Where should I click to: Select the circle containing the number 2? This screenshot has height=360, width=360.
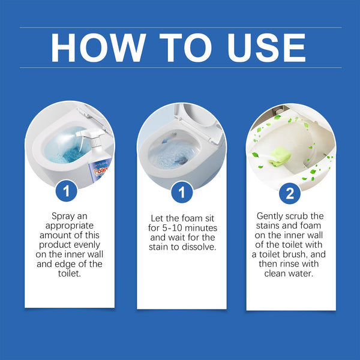291,193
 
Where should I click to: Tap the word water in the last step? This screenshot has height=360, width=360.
305,274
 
